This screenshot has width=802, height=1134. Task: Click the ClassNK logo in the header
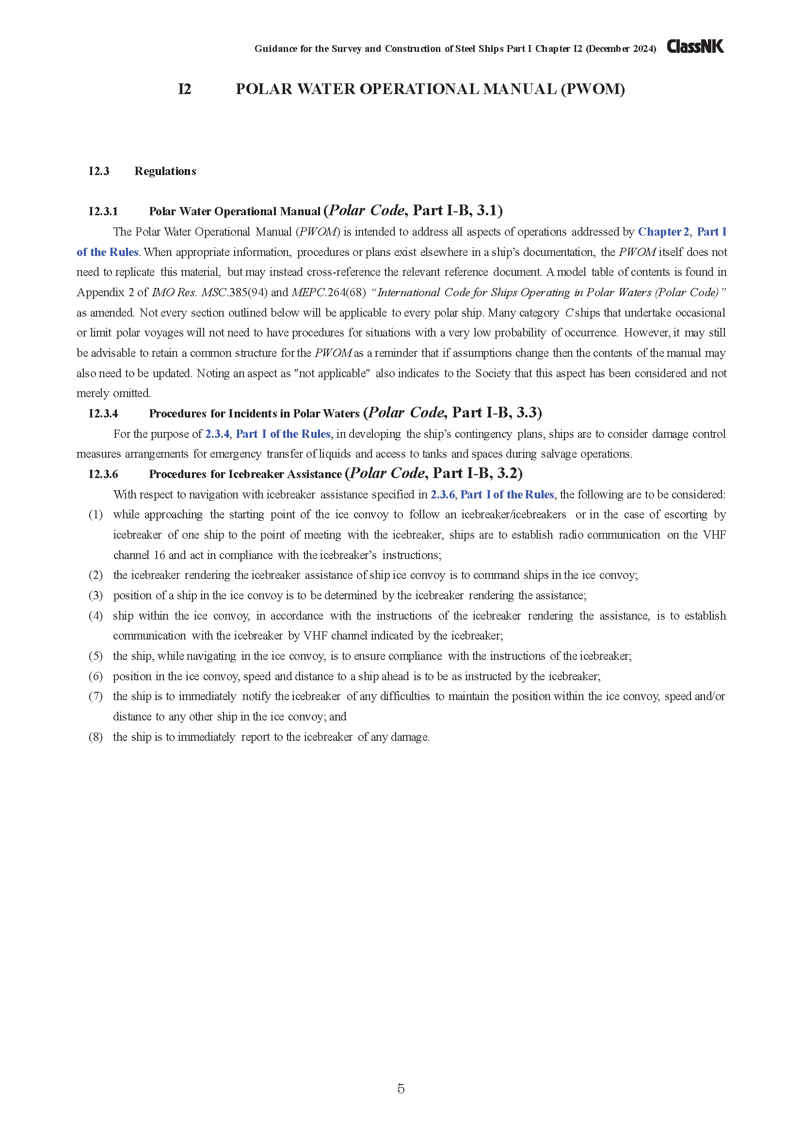pos(695,47)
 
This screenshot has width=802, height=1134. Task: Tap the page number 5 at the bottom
pos(401,1088)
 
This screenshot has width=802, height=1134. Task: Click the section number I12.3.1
pos(103,212)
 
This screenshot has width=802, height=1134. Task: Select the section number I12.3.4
pos(103,414)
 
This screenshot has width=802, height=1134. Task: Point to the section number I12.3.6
pos(103,475)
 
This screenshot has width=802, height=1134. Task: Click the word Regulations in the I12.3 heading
pos(165,171)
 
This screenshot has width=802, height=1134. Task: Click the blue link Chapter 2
pos(663,232)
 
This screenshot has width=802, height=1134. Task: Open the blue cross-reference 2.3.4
pos(217,434)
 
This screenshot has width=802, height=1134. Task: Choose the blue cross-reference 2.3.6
pos(443,495)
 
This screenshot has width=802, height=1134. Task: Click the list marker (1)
pos(96,515)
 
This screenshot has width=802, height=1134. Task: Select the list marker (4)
pos(96,616)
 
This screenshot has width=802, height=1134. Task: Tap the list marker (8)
pos(96,737)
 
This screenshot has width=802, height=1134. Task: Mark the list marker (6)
pos(96,677)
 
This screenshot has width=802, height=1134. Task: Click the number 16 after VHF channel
pos(159,556)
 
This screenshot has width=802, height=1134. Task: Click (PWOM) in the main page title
pos(593,89)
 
